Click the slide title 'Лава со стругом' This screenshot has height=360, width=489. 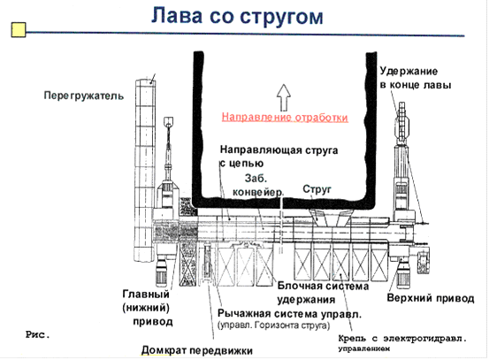point(237,16)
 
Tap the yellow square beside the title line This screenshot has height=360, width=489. point(19,30)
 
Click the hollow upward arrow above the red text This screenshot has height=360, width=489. point(284,97)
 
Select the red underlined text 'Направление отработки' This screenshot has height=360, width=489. point(285,118)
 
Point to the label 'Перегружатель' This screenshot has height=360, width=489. point(84,96)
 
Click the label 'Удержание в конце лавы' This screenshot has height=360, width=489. point(415,78)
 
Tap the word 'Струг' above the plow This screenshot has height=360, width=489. point(317,189)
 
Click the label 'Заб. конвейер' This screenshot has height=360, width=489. point(258,185)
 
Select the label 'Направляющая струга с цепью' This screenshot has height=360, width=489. point(279,157)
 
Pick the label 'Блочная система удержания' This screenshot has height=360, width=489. point(323,293)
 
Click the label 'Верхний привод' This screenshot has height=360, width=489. point(431,298)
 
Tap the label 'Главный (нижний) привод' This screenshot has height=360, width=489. point(147,308)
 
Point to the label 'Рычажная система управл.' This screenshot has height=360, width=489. point(289,313)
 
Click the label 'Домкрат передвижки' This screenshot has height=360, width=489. point(197,350)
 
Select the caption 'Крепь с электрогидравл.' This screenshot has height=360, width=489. point(402,339)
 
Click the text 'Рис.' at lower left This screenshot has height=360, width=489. point(38,335)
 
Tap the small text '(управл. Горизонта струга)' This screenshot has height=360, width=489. point(273,326)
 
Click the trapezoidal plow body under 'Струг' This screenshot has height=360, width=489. point(331,217)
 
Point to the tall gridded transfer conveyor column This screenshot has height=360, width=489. point(145,171)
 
